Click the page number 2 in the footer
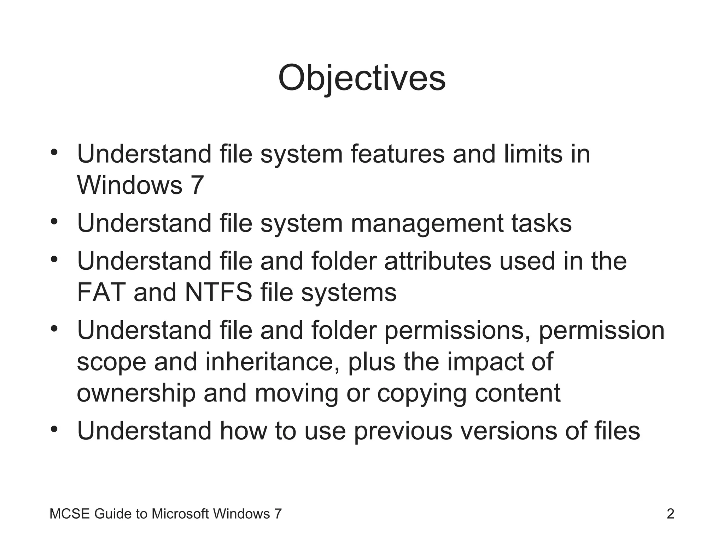[x=670, y=514]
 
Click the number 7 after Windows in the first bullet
[x=197, y=185]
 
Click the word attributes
[x=438, y=261]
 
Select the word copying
[x=422, y=393]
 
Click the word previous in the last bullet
[x=403, y=431]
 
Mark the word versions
[x=509, y=431]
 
